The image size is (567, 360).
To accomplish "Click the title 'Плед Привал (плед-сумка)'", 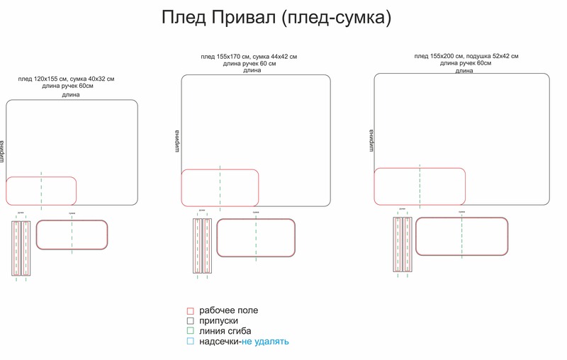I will click(x=276, y=18).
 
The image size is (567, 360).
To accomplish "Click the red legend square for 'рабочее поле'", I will click(x=190, y=311).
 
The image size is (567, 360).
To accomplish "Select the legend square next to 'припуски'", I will click(x=190, y=321).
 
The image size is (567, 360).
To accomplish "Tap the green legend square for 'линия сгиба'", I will click(x=190, y=331).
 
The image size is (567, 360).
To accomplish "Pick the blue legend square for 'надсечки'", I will click(x=190, y=342).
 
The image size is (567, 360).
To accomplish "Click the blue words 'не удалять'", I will click(x=265, y=342).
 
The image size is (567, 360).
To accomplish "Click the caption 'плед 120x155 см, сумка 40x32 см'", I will click(x=66, y=79).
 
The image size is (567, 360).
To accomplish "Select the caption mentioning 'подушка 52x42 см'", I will click(x=466, y=56).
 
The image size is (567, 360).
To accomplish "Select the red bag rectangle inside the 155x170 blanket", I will click(x=220, y=188).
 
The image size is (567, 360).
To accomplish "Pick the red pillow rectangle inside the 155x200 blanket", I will click(x=420, y=186).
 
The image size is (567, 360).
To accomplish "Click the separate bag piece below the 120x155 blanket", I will click(x=72, y=235).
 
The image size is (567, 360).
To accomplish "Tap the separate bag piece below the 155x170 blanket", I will click(x=256, y=237).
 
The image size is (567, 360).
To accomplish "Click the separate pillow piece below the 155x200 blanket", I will click(x=461, y=236).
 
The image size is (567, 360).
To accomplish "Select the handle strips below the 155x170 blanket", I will click(x=203, y=245).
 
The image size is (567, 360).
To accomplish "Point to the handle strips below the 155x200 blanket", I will click(x=403, y=244).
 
